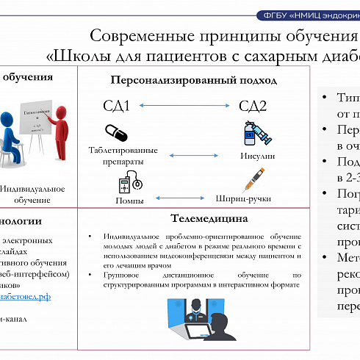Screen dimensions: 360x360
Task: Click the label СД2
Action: pyautogui.click(x=253, y=107)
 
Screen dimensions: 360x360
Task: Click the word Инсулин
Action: pyautogui.click(x=257, y=156)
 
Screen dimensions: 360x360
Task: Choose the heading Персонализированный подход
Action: pyautogui.click(x=193, y=80)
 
